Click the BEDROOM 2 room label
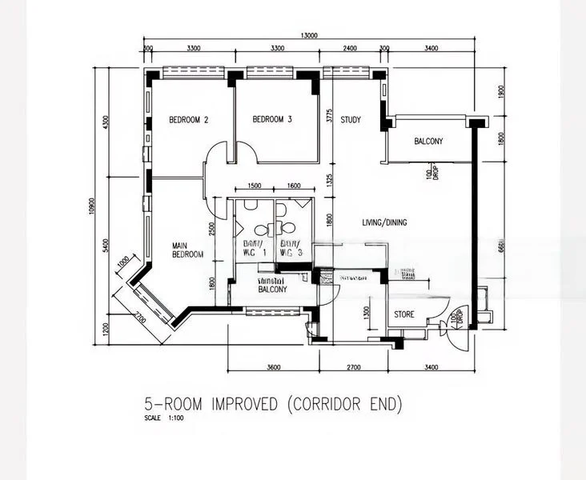(188, 121)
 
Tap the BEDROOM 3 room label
(272, 120)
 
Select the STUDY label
(350, 120)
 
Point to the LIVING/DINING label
(383, 222)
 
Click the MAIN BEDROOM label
(188, 250)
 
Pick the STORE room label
(404, 314)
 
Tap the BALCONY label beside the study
(428, 142)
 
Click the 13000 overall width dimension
(310, 35)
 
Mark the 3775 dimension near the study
(328, 118)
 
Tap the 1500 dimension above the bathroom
(255, 186)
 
